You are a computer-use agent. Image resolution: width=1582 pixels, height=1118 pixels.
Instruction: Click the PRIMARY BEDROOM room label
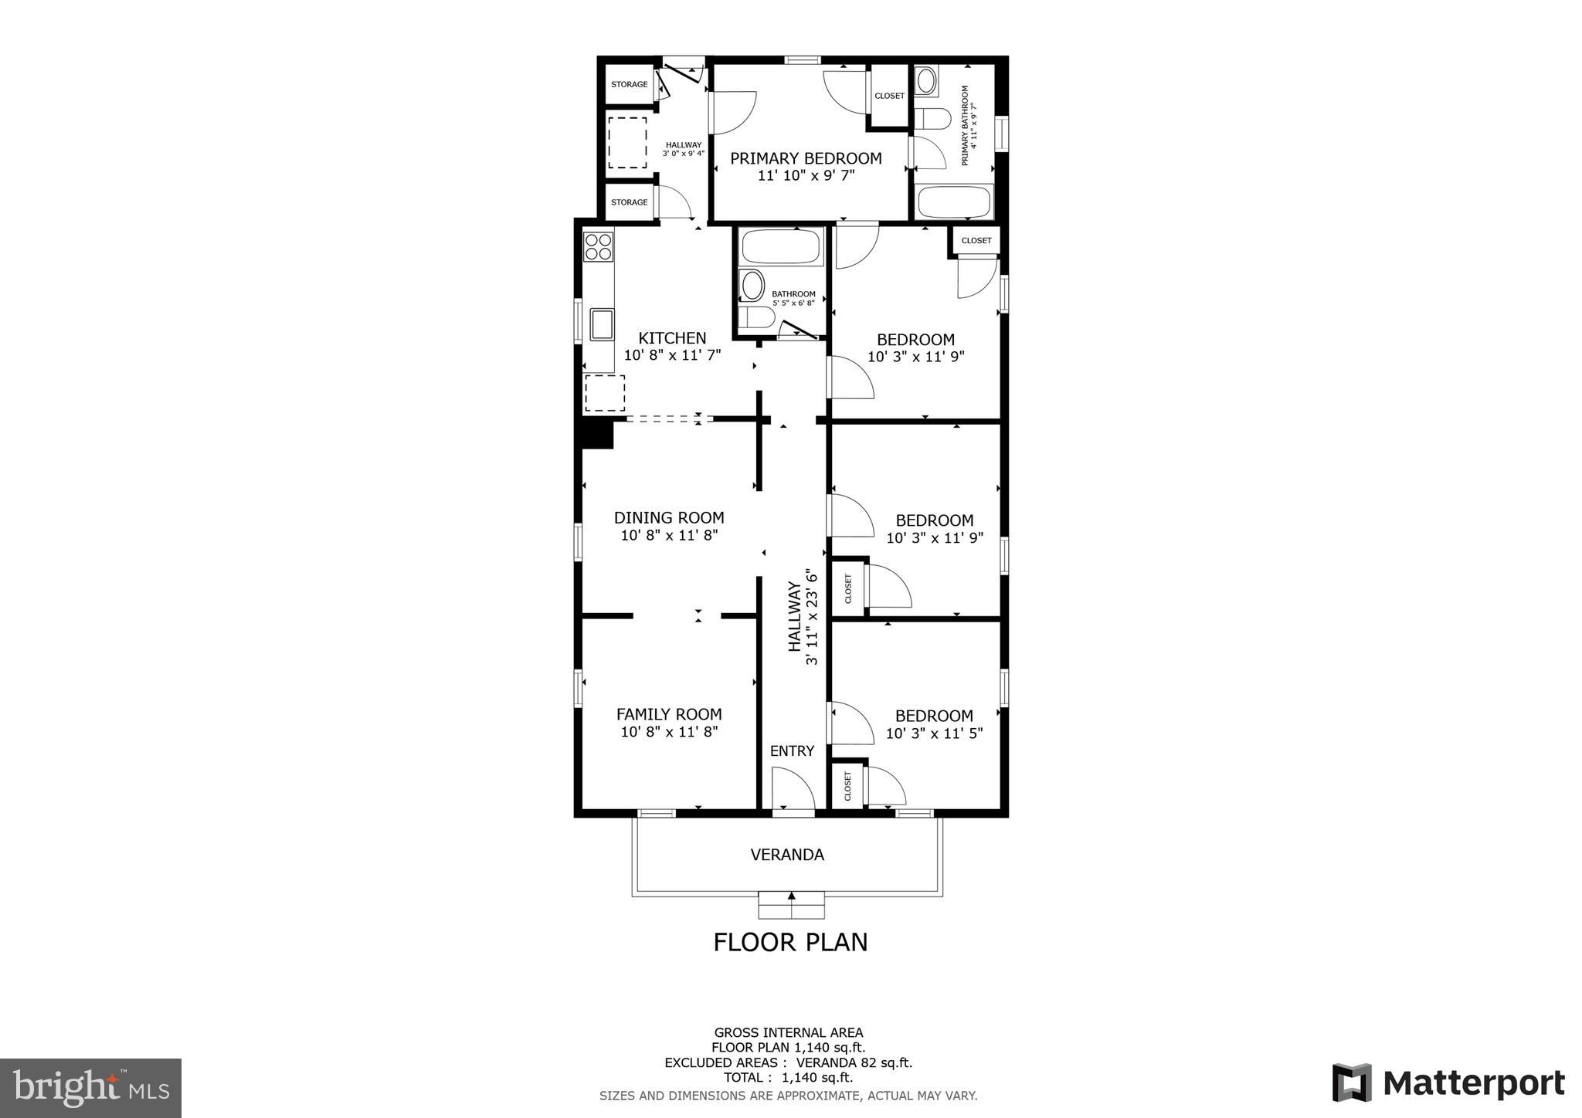[806, 158]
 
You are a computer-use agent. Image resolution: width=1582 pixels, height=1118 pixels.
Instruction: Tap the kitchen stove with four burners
[599, 247]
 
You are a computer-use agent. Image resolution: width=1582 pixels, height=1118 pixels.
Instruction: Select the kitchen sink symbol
[602, 324]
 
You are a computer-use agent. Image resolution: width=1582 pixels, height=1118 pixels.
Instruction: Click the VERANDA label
[787, 855]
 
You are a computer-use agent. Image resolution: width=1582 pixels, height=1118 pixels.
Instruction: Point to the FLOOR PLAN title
[790, 942]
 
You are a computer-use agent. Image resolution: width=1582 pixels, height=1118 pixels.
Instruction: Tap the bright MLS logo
[91, 1089]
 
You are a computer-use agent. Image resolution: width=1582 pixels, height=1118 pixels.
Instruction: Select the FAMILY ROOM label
[669, 714]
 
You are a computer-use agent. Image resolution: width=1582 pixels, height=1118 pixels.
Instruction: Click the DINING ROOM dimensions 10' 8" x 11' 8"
[669, 535]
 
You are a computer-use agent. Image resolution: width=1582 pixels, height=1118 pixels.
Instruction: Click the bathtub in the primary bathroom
[954, 202]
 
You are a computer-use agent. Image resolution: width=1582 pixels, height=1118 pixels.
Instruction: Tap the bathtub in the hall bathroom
[781, 247]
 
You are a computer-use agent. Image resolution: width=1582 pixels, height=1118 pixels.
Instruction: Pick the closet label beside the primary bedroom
[889, 96]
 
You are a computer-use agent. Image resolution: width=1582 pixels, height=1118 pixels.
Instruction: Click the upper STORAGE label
[629, 84]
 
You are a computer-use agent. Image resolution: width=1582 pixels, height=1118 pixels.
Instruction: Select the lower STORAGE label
[629, 202]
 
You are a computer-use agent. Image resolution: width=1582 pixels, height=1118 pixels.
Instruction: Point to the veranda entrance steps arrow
[791, 896]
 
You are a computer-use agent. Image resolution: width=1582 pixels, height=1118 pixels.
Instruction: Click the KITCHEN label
[672, 338]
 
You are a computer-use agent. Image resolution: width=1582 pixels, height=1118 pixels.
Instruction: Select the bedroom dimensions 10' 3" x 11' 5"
[934, 733]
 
